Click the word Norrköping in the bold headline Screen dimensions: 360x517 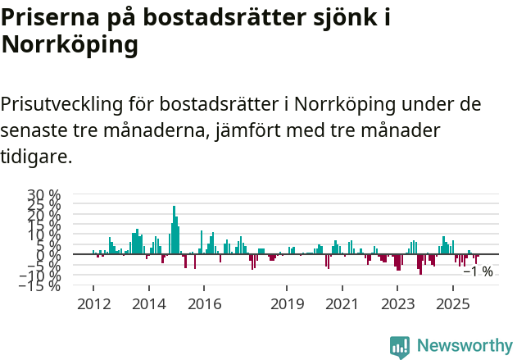70,45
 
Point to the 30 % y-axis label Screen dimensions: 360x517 44,195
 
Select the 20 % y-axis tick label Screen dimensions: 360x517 44,215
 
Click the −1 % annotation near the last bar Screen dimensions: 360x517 478,271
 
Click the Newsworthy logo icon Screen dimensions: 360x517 400,346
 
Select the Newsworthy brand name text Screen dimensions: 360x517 464,346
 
